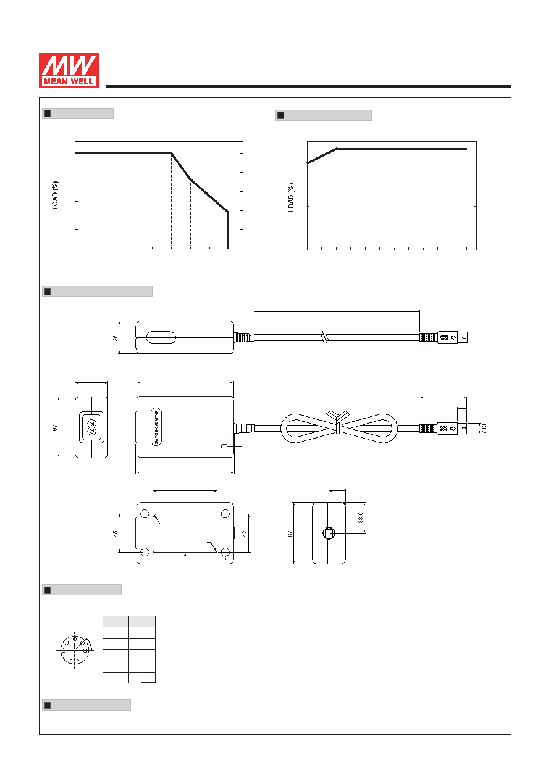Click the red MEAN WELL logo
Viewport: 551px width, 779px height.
(x=69, y=70)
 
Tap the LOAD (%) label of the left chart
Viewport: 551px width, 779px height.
(x=55, y=195)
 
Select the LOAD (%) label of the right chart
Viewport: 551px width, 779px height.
(x=291, y=197)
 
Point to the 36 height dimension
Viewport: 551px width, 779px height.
(x=116, y=337)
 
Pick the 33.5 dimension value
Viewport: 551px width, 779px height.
(x=361, y=517)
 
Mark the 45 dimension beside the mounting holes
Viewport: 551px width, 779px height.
(x=116, y=534)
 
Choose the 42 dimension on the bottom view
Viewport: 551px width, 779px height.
(x=244, y=534)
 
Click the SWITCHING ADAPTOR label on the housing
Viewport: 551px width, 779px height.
(x=156, y=427)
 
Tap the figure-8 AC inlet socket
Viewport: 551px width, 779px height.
(x=91, y=427)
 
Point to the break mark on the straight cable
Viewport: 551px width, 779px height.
(x=325, y=337)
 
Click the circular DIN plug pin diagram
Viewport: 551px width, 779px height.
(x=75, y=650)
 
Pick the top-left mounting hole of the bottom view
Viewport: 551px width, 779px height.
(x=145, y=514)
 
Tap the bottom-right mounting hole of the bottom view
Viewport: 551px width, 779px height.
(x=225, y=552)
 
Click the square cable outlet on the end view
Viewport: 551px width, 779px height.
(x=329, y=533)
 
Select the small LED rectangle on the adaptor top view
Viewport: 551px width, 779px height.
(x=224, y=446)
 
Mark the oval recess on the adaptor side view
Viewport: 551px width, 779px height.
(x=161, y=337)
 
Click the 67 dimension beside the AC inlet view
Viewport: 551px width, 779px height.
(x=55, y=428)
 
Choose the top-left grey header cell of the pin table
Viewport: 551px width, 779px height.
(x=116, y=621)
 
